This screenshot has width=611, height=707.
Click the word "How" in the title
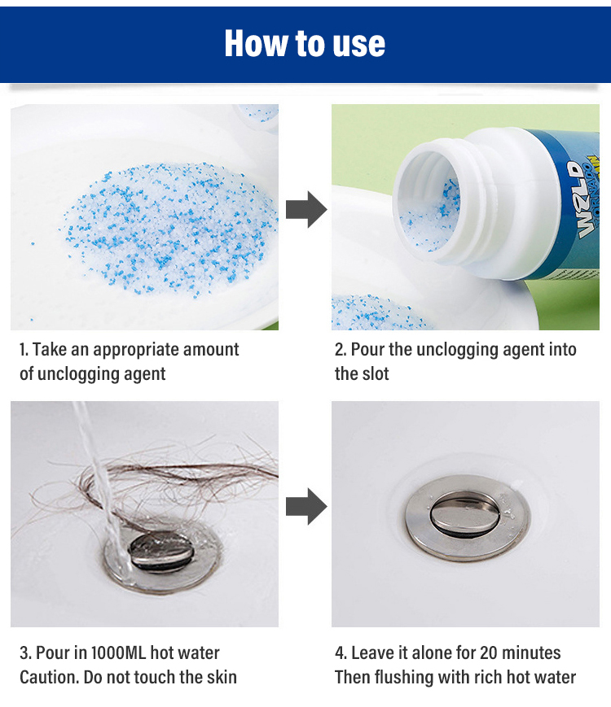pos(257,44)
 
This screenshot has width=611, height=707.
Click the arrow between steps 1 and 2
pos(306,209)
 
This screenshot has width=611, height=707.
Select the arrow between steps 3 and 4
pos(306,506)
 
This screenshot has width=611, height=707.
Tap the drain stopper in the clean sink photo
pos(467,517)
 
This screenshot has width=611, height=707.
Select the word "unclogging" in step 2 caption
pos(458,350)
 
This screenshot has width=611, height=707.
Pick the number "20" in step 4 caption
pos(488,652)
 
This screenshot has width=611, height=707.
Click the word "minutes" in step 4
pos(531,652)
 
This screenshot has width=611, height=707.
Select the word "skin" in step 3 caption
pos(222,677)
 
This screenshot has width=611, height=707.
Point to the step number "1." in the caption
pos(24,350)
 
